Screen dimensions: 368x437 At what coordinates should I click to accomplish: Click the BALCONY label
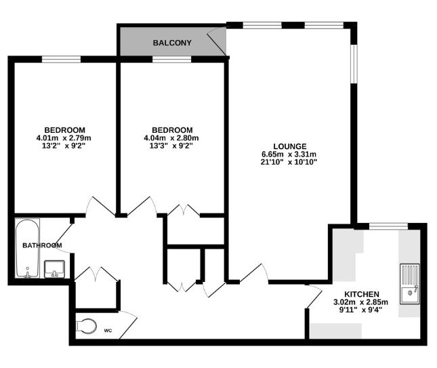point(172,43)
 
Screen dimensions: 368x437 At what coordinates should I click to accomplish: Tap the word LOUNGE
point(289,146)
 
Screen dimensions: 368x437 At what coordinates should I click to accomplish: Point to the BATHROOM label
point(42,245)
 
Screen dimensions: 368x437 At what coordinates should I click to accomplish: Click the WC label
point(108,331)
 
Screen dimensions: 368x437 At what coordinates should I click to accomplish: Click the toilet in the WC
point(85,326)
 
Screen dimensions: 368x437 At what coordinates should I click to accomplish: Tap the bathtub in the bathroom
point(28,249)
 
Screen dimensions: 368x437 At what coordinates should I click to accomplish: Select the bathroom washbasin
point(54,268)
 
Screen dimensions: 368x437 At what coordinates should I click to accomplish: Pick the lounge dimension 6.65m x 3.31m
point(289,155)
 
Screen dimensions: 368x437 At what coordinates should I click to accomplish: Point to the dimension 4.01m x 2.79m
point(65,138)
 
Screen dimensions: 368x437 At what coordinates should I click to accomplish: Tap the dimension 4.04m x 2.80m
point(172,138)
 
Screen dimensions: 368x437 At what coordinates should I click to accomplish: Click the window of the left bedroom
point(62,60)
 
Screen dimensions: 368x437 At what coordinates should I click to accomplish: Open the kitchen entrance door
point(313,297)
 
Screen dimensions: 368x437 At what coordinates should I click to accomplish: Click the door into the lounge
point(255,273)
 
